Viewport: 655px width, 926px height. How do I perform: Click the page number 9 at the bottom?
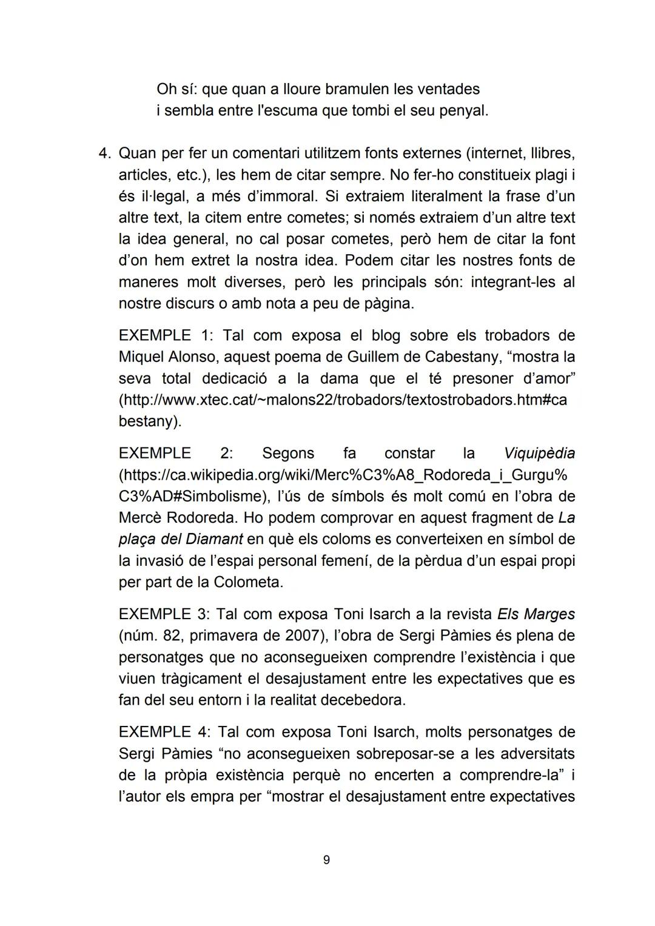326,859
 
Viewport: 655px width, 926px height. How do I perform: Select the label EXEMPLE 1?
162,335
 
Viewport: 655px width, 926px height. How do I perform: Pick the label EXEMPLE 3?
163,614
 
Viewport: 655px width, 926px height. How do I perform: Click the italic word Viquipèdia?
539,453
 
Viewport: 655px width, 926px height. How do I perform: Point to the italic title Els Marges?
536,614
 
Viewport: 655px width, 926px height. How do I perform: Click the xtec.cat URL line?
343,400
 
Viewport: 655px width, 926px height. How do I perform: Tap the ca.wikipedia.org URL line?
343,475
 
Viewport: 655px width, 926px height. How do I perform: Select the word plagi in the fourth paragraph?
553,175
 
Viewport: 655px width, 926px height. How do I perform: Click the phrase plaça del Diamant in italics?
181,539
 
